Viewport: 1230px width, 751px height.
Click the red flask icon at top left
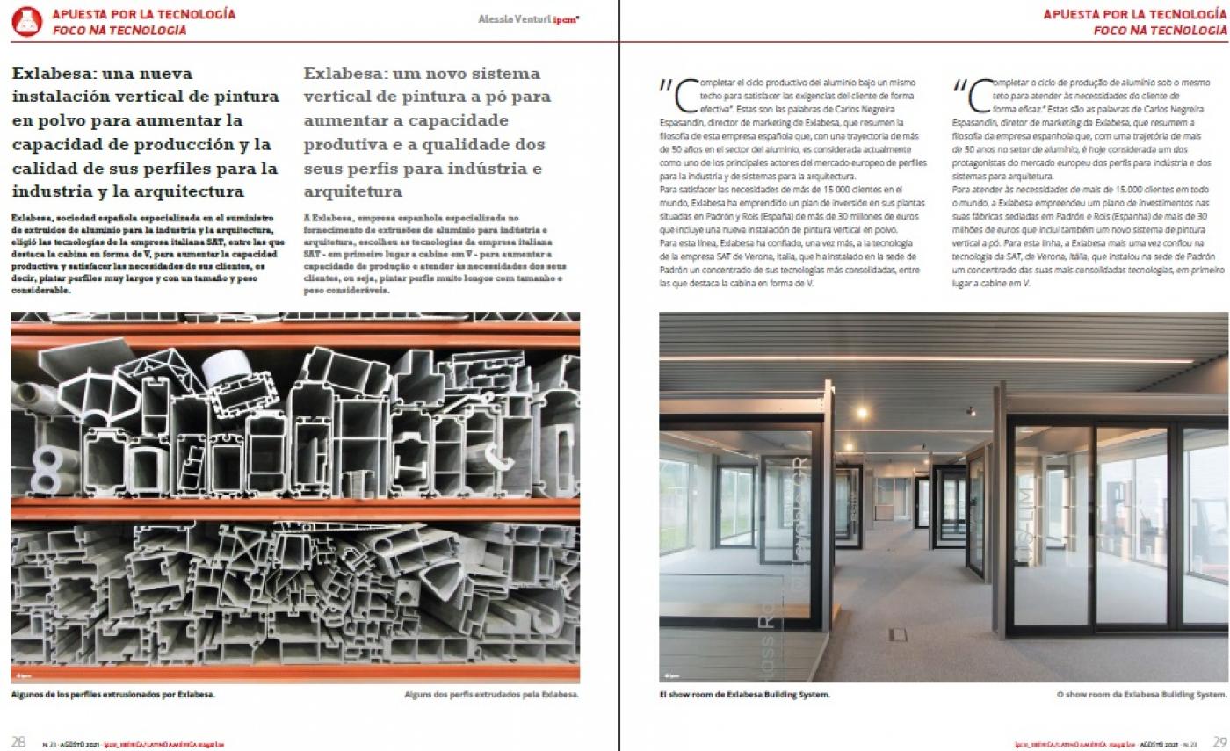tap(26, 21)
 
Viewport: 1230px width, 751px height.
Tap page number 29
tap(1219, 740)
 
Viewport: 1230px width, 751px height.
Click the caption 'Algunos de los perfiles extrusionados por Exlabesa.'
tap(113, 694)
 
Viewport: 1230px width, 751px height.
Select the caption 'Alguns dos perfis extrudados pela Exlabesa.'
tap(491, 694)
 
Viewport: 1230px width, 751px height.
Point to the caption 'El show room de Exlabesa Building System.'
tap(744, 695)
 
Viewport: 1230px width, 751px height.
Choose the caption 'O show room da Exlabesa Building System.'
tap(1140, 695)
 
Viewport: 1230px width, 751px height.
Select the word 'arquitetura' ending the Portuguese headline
tap(352, 191)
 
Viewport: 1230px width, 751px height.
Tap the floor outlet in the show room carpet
tap(897, 634)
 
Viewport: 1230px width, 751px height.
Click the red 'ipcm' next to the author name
tap(566, 20)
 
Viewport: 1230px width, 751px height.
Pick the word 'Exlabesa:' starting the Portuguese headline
tap(342, 73)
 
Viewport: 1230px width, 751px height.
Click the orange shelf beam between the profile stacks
tap(294, 509)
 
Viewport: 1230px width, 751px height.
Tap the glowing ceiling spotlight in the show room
tap(862, 412)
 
